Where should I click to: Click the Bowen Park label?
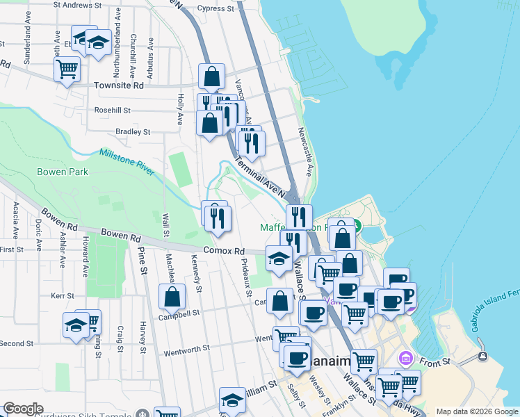click(63, 172)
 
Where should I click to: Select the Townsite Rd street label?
click(118, 85)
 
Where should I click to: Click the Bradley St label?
click(133, 131)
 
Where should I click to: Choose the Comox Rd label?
click(224, 251)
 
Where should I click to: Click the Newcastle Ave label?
click(304, 147)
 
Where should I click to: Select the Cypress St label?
click(215, 9)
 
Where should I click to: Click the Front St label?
click(434, 362)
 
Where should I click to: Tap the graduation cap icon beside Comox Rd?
click(279, 259)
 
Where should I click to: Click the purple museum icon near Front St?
click(406, 359)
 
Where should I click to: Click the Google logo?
click(23, 409)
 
